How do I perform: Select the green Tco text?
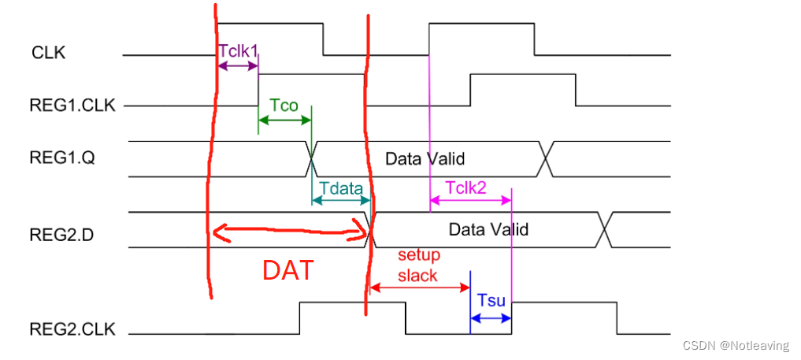284,105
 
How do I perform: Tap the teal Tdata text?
341,188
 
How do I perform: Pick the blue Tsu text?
491,300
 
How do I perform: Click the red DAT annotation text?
288,270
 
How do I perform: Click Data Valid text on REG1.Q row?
425,158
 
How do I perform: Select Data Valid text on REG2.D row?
488,230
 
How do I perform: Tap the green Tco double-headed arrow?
285,121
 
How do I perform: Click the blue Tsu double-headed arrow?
491,318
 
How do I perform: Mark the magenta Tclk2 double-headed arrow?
470,201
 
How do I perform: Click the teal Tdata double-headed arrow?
341,202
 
